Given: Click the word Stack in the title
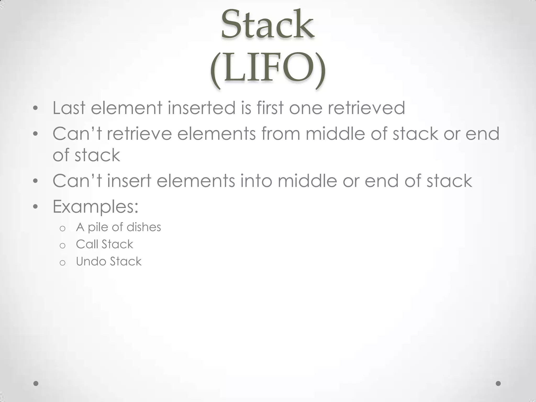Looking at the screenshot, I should pyautogui.click(x=267, y=25).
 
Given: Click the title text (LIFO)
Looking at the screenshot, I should pyautogui.click(x=267, y=69).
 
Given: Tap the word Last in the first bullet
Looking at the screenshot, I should pyautogui.click(x=69, y=108).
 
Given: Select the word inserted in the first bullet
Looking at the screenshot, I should pyautogui.click(x=202, y=108).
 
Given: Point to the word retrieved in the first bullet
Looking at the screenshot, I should pyautogui.click(x=366, y=108).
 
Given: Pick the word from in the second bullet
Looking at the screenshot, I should pyautogui.click(x=281, y=134).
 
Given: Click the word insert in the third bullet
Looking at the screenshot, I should pyautogui.click(x=129, y=181).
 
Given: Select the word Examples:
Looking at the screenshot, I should pyautogui.click(x=96, y=207).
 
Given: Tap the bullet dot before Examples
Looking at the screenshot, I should pyautogui.click(x=36, y=207).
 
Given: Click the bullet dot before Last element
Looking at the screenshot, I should pyautogui.click(x=36, y=108).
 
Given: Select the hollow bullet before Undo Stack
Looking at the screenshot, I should pyautogui.click(x=62, y=263).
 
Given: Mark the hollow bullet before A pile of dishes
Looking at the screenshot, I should pyautogui.click(x=62, y=228).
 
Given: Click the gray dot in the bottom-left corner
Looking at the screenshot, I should pyautogui.click(x=36, y=383).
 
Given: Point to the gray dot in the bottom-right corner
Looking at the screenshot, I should pyautogui.click(x=498, y=383).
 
